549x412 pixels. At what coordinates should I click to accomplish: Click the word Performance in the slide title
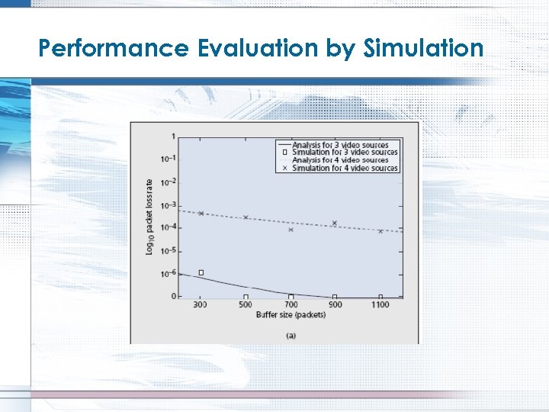(114, 49)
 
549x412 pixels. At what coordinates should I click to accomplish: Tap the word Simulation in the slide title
(424, 49)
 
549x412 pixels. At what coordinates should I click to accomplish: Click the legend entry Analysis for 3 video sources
(339, 145)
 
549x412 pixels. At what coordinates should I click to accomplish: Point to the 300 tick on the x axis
(200, 304)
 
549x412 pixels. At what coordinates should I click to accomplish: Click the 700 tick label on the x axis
(291, 304)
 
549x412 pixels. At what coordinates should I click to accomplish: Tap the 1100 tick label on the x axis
(380, 304)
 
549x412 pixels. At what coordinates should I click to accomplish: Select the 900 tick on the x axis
(335, 304)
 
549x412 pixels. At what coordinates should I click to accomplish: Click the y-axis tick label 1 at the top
(174, 137)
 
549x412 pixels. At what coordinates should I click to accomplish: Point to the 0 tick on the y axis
(174, 296)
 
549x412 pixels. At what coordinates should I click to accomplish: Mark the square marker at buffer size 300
(201, 272)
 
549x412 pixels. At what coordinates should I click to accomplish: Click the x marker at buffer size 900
(334, 223)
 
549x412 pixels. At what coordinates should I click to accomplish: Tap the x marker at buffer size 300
(201, 213)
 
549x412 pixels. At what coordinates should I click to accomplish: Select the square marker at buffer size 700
(291, 296)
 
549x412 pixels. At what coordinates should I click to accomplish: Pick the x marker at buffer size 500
(246, 217)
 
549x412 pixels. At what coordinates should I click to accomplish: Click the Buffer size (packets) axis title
(291, 314)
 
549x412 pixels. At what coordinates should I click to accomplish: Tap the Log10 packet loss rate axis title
(149, 216)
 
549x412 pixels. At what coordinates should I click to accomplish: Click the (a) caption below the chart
(291, 334)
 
